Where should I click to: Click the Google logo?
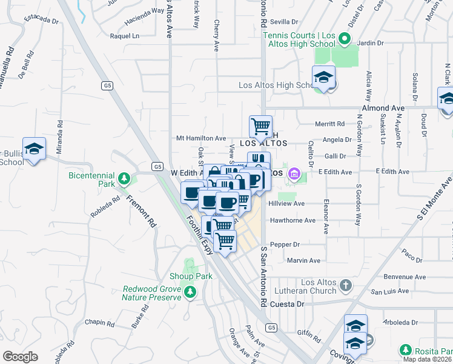[20, 357]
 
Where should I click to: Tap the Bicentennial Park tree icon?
[124, 178]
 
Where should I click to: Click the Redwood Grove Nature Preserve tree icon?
[190, 292]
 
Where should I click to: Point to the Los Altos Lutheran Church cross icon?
[345, 285]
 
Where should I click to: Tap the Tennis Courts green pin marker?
[344, 40]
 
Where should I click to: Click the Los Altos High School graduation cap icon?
[323, 78]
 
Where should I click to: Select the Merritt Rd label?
[329, 123]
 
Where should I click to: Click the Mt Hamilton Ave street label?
[201, 138]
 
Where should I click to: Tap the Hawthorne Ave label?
[293, 220]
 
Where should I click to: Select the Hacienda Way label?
[145, 10]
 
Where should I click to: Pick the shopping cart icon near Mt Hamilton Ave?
[260, 126]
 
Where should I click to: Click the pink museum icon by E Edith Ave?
[294, 174]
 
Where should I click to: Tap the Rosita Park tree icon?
[405, 350]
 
